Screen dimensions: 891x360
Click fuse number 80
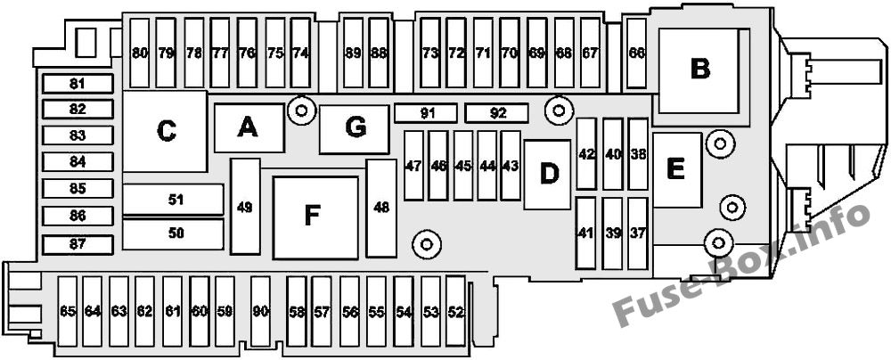click(x=140, y=53)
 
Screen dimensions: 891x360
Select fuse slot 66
click(x=636, y=53)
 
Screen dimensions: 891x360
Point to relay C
click(x=165, y=131)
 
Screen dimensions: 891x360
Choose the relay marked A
click(x=249, y=128)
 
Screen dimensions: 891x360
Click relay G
click(x=354, y=128)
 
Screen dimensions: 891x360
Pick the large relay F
click(x=315, y=217)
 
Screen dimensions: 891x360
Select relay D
click(x=547, y=175)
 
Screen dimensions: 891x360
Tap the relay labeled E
click(x=677, y=169)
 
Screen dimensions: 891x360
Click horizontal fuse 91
click(x=426, y=113)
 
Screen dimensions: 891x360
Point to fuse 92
click(x=496, y=113)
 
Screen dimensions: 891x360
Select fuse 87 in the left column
click(x=78, y=244)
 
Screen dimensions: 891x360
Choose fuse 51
click(x=174, y=200)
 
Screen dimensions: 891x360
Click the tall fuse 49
click(x=246, y=207)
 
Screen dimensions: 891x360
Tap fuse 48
click(x=381, y=209)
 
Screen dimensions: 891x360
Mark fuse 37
click(x=638, y=233)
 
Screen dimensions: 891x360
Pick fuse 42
click(x=586, y=153)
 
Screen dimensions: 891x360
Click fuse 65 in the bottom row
click(x=69, y=312)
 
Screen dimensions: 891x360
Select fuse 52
click(x=455, y=312)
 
